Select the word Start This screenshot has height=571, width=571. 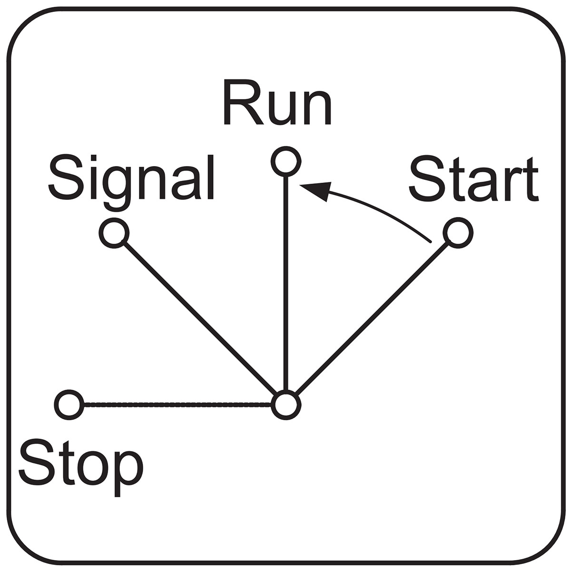click(473, 179)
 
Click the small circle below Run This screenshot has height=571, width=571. click(286, 161)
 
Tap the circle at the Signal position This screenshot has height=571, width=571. click(114, 233)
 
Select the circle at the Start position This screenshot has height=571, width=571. click(458, 233)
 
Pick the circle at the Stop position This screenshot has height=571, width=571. click(69, 404)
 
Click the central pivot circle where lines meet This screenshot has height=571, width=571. click(286, 404)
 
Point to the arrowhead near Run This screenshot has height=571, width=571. click(317, 190)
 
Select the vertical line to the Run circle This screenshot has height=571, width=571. click(286, 283)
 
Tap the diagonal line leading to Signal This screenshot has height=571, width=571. click(200, 318)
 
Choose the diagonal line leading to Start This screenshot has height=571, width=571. click(372, 318)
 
